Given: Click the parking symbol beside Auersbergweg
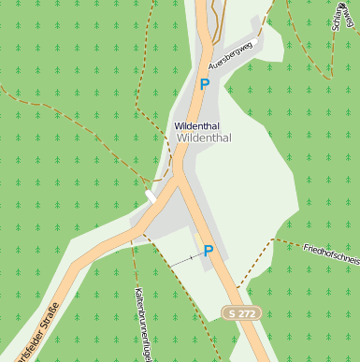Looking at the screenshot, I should click(205, 84).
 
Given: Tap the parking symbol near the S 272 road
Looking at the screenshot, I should click(209, 251).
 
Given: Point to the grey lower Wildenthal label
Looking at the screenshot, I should click(204, 137).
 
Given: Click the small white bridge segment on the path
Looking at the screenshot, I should click(150, 196).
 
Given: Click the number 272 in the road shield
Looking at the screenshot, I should click(248, 312).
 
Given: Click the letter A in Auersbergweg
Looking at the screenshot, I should click(212, 71).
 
